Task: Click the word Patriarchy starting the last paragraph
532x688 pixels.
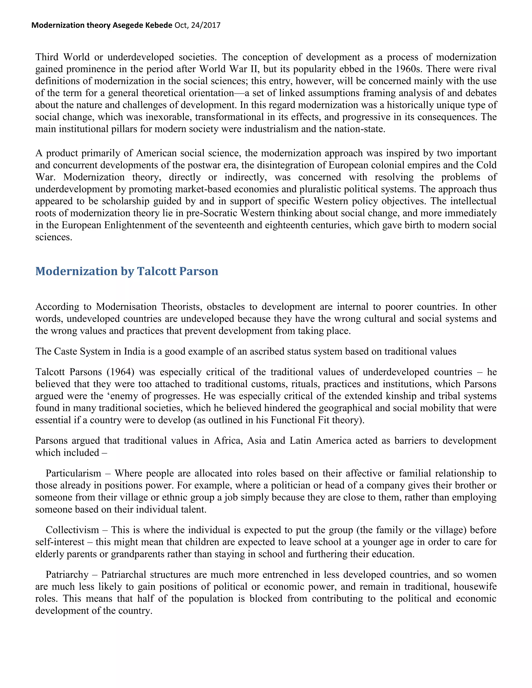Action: pos(67,574)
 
